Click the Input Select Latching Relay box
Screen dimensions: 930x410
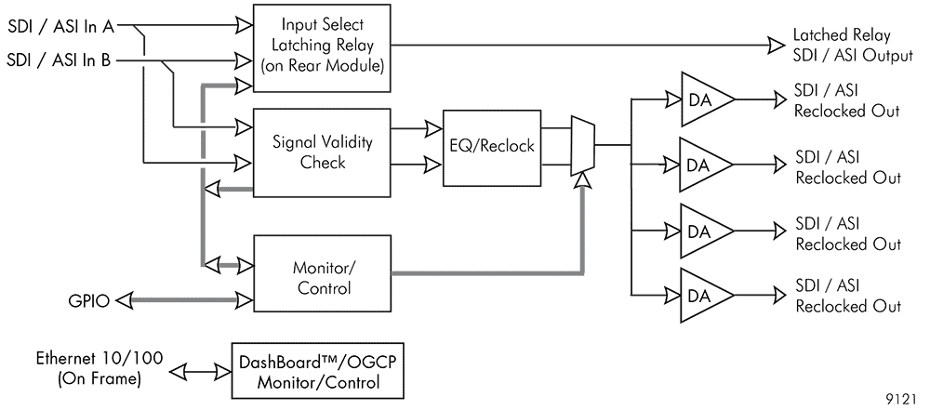322,48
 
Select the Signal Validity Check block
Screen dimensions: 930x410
322,152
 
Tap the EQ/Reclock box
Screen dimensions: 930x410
492,147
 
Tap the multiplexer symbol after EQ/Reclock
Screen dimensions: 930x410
582,146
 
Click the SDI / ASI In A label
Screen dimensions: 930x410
61,26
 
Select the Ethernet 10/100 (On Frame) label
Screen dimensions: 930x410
100,368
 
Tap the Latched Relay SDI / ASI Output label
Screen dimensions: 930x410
853,46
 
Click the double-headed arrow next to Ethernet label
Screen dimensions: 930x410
201,372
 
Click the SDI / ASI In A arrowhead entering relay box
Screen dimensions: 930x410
245,26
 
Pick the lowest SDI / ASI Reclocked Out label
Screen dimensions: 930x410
848,296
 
